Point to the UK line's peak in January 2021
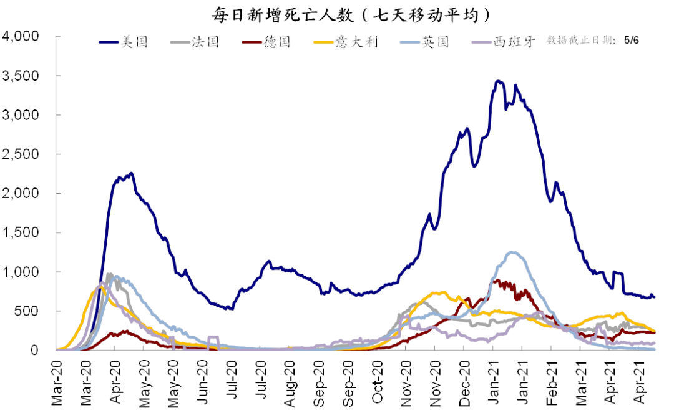pos(512,252)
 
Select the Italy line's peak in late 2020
pos(442,292)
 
